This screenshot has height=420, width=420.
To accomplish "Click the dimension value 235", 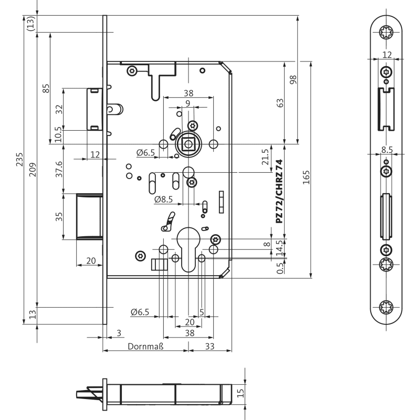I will [19, 159].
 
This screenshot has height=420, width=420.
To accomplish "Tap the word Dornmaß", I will [146, 346].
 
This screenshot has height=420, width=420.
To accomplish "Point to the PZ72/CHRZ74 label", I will [279, 192].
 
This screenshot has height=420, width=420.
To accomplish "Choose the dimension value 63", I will [280, 103].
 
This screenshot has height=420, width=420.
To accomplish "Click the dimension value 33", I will [209, 346].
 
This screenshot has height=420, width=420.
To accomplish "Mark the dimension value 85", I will [46, 88].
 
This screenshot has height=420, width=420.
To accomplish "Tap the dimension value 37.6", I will [59, 169].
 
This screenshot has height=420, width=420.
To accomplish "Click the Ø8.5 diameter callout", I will [163, 199].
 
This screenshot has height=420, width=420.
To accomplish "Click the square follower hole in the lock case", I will [187, 144].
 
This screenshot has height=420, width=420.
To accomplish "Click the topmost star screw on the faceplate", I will [387, 33].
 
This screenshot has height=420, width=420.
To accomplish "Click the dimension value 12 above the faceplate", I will [387, 55].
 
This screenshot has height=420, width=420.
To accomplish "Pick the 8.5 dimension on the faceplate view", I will [387, 150].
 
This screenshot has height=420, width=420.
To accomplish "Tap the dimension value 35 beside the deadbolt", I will [59, 217].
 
